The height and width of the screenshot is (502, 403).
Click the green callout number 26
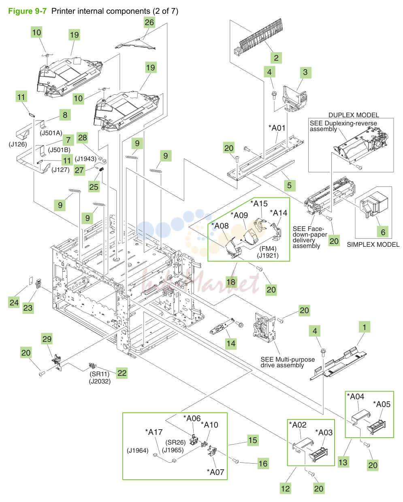point(149,22)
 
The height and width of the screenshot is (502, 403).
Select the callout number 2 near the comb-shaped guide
point(276,58)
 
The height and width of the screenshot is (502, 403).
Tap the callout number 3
point(305,72)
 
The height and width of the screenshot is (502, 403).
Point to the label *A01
point(277,128)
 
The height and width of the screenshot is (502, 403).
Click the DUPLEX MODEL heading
point(354,115)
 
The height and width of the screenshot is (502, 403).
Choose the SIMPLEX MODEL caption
point(373,244)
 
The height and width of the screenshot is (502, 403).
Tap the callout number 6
point(383,232)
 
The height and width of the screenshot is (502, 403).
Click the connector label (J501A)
point(51,133)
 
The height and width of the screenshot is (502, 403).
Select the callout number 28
point(83,138)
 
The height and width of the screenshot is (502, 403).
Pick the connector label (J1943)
point(85,159)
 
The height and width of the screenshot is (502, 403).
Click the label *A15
point(259,203)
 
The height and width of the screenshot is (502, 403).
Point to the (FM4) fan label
point(268,249)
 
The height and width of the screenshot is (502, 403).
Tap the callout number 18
point(231,282)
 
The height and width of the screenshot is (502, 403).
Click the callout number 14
point(231,343)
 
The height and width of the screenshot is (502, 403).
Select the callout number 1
point(364,327)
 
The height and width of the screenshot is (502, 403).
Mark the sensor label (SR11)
point(100,374)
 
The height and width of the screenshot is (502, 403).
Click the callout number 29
point(47,339)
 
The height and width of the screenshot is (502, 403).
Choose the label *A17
point(154,432)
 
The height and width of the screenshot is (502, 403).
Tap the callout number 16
point(263,464)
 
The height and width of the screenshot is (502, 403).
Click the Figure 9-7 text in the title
point(28,11)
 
